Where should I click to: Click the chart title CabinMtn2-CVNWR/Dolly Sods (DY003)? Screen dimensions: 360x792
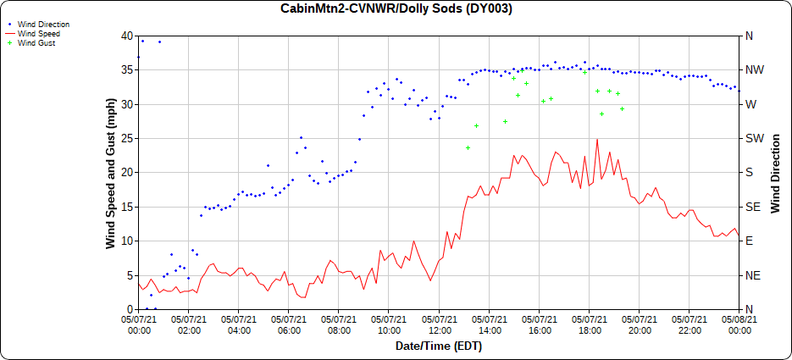point(396,8)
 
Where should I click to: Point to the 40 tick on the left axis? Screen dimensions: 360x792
point(127,36)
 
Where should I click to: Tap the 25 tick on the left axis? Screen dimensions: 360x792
point(127,139)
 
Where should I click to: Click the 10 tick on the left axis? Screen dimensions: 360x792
point(127,241)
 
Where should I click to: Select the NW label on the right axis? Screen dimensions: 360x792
point(751,70)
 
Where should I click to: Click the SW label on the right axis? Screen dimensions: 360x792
point(751,139)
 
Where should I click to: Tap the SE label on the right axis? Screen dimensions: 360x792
point(750,207)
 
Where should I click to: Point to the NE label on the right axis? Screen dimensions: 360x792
point(750,275)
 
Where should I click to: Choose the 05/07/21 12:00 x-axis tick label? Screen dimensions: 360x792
point(439,324)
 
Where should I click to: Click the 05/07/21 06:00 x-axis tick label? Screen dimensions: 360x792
point(289,324)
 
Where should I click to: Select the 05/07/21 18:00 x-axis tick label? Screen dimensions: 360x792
point(589,324)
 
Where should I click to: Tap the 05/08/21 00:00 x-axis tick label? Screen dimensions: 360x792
point(739,324)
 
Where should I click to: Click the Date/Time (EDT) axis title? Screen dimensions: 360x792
point(438,346)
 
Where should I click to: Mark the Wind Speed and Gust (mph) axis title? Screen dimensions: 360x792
point(110,173)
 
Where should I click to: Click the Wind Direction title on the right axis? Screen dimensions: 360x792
point(775,173)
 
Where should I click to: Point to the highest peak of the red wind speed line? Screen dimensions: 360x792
point(597,140)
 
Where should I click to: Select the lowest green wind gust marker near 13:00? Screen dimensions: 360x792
point(468,147)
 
